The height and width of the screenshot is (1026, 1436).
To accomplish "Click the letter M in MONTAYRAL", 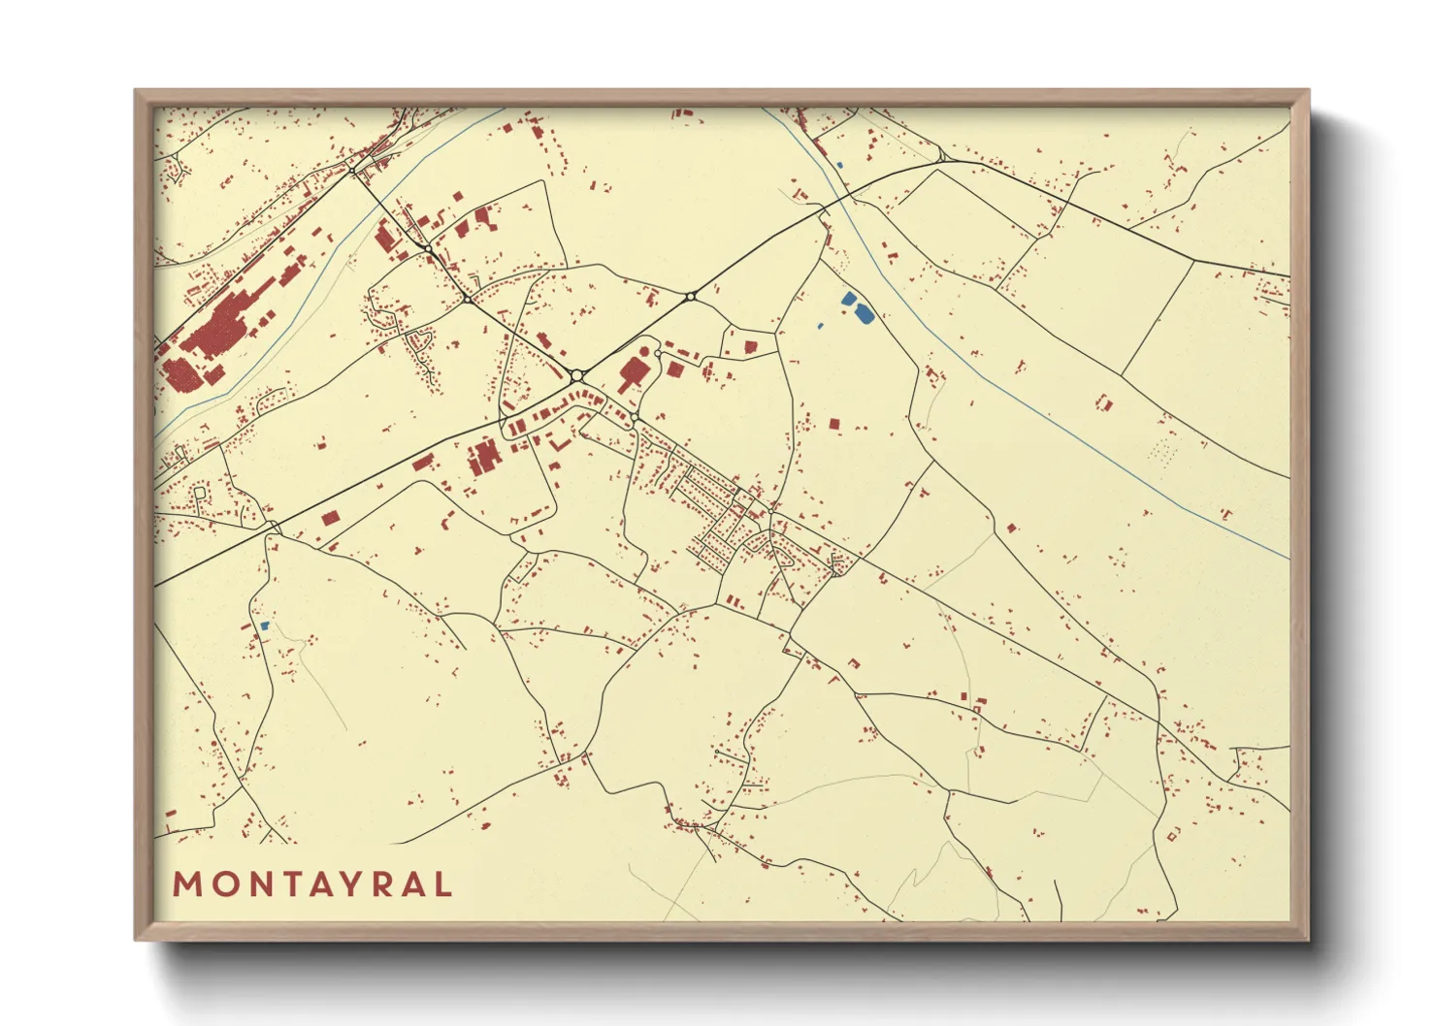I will click(x=185, y=884).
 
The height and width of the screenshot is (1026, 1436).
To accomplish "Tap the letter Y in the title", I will click(x=344, y=884).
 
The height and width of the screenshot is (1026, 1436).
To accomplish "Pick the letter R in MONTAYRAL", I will click(x=376, y=884).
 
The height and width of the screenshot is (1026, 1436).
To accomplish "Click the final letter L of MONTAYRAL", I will click(x=443, y=884).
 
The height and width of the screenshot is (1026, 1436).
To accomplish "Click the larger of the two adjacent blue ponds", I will click(x=862, y=313).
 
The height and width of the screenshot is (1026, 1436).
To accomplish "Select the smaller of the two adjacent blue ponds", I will click(x=849, y=299).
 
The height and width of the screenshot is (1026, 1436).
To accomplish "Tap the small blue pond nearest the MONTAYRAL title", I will click(x=263, y=625).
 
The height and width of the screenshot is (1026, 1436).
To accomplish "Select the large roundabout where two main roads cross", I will click(x=576, y=374).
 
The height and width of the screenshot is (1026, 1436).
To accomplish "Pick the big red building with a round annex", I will click(x=632, y=371).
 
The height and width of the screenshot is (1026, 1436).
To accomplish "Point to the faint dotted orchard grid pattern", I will click(x=1160, y=452).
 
